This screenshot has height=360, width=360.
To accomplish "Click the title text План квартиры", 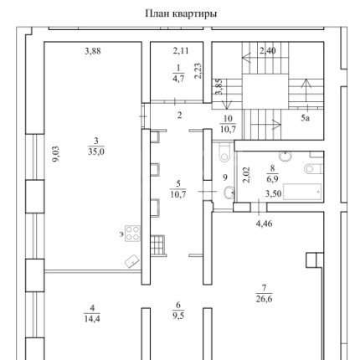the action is tap(181, 13).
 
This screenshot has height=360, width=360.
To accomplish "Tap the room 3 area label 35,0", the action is tap(96, 152).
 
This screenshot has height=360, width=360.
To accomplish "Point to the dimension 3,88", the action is tap(93, 51).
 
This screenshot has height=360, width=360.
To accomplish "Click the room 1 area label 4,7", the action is tap(178, 79).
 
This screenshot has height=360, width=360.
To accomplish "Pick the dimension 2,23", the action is tap(198, 70).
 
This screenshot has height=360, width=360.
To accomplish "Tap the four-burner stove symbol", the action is tap(132, 233).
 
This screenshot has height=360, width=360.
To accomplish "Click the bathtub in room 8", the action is tap(302, 192).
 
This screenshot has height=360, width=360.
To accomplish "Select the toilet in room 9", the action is tap(224, 152).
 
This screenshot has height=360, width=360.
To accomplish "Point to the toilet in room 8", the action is tap(313, 168).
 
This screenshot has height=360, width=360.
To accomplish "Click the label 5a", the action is tap(306, 118).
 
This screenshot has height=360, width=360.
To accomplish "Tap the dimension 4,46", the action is tap(264, 224).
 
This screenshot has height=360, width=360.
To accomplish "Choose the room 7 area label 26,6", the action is tap(264, 299).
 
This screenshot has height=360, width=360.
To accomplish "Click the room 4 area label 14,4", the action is tap(92, 319).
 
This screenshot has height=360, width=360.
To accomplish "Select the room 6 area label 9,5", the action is tap(178, 316).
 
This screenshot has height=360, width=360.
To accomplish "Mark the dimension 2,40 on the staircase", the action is tap(268, 51).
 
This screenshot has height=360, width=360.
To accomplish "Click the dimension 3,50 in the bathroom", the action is tap(273, 193).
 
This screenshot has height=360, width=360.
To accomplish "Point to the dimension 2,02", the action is tap(246, 175).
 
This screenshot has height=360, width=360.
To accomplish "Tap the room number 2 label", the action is tap(179, 115).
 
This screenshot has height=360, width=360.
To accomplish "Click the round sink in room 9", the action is tap(229, 192).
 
